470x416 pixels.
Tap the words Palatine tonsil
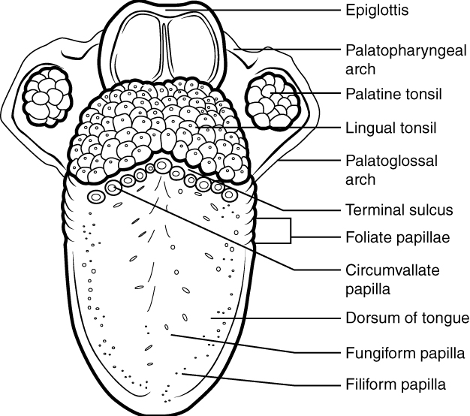tap(393, 94)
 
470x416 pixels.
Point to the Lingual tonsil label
tap(390, 128)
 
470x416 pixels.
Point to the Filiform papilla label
tap(395, 384)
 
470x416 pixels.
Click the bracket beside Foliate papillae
tap(290, 231)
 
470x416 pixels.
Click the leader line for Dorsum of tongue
tap(278, 318)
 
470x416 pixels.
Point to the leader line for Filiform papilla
tap(263, 380)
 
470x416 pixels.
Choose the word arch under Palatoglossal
tap(360, 180)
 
